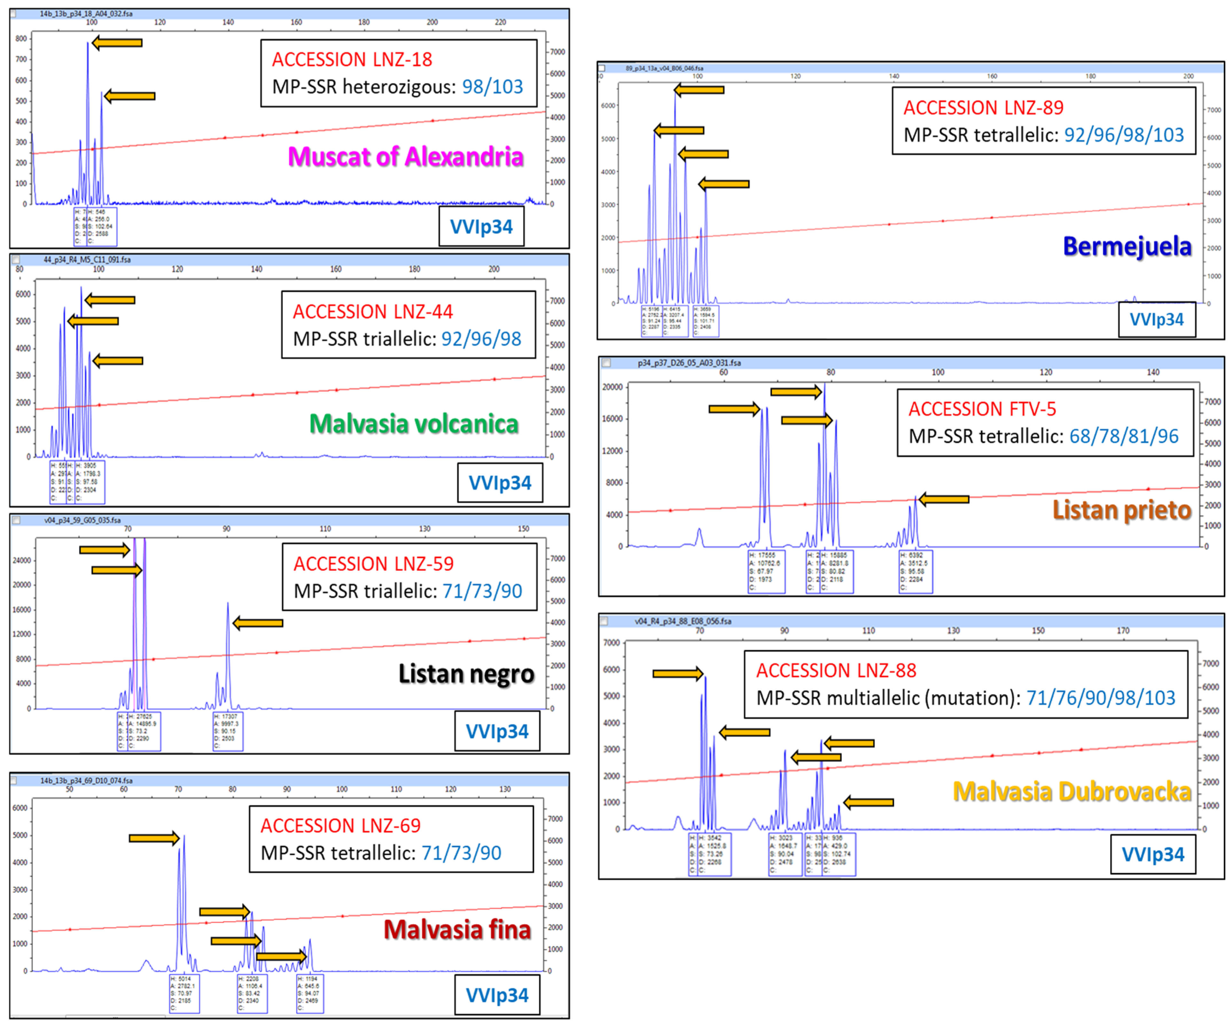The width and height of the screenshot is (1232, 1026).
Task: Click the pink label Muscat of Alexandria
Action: [405, 157]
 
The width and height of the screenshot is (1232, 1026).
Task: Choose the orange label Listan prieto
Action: [1122, 509]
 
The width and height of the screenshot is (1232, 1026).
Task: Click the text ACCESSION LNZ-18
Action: [352, 59]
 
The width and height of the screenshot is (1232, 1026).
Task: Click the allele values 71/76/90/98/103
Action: [1101, 698]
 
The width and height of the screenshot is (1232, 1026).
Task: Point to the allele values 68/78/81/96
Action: [1123, 436]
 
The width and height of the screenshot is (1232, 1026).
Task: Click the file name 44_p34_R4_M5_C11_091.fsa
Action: [87, 259]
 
